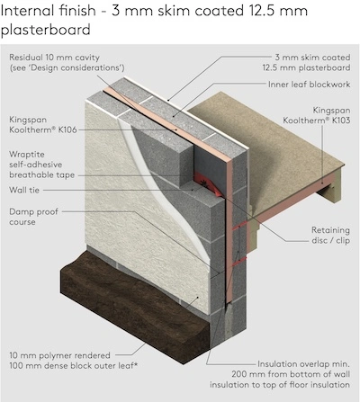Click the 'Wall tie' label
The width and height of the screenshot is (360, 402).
pos(24,190)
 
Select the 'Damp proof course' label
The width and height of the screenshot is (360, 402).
pos(33,217)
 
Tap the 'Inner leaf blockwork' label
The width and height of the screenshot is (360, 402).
pos(309,85)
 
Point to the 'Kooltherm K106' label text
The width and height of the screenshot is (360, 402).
pos(43,130)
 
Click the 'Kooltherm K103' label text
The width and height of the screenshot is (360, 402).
pos(317,121)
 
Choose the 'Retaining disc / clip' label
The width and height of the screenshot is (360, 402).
pos(330,235)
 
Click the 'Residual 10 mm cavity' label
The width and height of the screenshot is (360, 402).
pos(54,58)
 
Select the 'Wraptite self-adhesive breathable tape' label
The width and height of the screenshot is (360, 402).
pos(41,165)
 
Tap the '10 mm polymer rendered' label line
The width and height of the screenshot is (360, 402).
pos(59,355)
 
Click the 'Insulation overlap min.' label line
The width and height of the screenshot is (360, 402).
pos(303,364)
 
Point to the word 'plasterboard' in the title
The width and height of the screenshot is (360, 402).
pos(46,30)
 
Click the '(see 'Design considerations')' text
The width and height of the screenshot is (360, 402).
pos(67,67)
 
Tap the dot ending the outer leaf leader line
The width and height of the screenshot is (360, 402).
pos(198,298)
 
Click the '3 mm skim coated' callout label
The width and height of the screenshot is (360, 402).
pos(312,58)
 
